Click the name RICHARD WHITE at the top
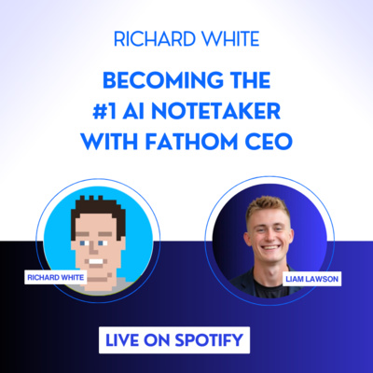186,40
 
